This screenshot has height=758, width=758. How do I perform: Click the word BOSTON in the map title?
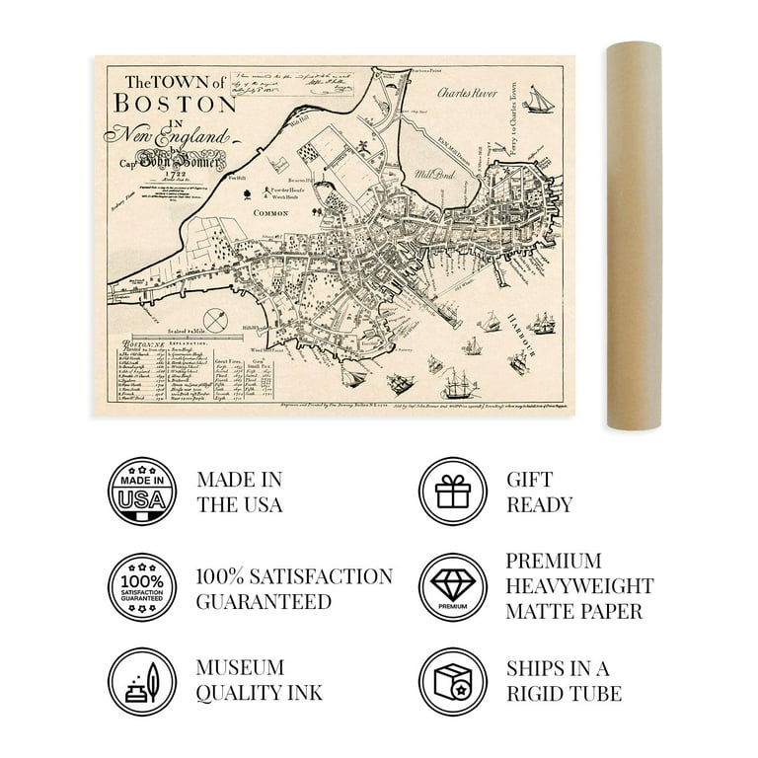click(x=175, y=102)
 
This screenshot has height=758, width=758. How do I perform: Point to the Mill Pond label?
click(x=435, y=172)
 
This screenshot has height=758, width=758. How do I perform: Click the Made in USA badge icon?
click(x=142, y=491)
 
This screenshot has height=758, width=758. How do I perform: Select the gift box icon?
click(x=452, y=491)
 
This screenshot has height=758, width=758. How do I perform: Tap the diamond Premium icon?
click(x=452, y=586)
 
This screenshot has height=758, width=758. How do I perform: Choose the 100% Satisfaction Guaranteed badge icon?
click(x=142, y=586)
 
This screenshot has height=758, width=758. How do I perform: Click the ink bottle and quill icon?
click(x=142, y=682)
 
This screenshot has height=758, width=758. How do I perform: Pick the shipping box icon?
click(x=452, y=682)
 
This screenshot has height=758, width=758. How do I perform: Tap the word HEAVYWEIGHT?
click(x=579, y=586)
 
